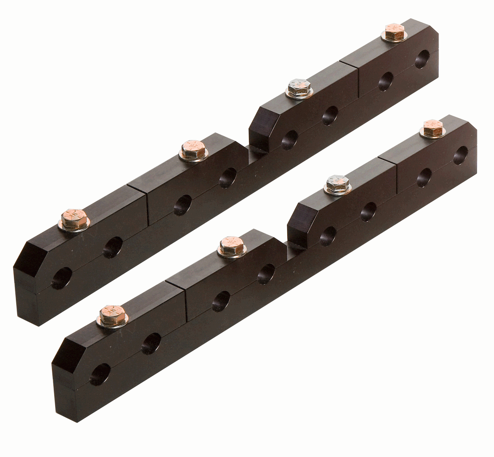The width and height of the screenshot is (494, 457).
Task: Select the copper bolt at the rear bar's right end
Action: pos(394,32)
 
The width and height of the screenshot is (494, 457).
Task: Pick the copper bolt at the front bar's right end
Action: pos(433,128)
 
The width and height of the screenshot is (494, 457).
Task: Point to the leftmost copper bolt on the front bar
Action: pos(112,315)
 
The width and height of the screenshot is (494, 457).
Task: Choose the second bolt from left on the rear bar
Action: pos(194,149)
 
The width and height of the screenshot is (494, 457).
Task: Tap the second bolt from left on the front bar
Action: pos(232,246)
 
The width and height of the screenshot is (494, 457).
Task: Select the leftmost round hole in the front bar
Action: pos(100,374)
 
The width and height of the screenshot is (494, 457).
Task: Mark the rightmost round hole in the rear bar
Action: pos(422,59)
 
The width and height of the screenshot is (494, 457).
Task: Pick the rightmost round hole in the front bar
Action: pos(461,155)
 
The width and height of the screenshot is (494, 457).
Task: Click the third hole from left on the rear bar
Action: pos(182,205)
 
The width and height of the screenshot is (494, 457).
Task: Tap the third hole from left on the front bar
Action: pos(221,301)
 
